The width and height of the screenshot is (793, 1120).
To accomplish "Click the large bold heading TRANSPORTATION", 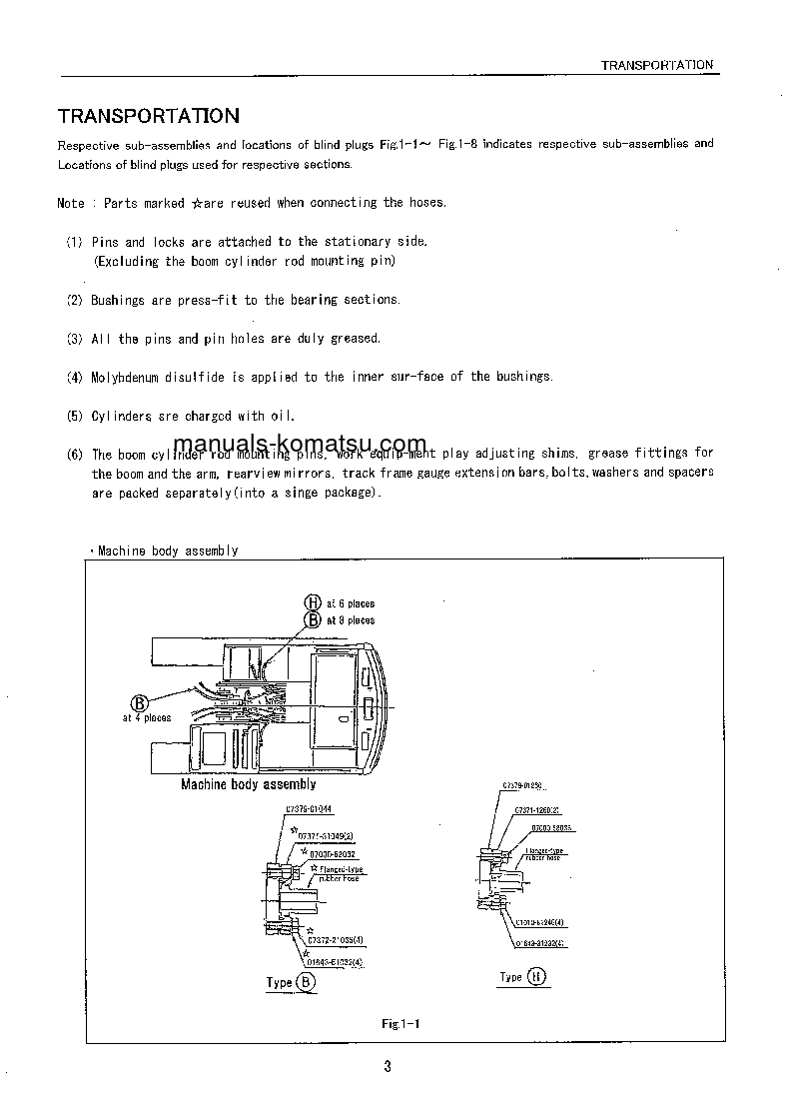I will coord(148,116).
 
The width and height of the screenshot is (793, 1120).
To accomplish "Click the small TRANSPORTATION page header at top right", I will coord(656,65).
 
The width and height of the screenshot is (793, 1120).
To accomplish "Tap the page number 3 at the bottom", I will coord(388,1066).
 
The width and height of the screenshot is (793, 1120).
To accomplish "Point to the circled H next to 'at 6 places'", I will coord(312,602).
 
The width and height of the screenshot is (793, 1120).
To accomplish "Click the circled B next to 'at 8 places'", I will coord(313,619).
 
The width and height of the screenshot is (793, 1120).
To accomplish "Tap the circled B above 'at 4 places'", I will coord(140,702).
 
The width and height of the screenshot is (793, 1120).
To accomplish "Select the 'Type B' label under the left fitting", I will coord(291,982).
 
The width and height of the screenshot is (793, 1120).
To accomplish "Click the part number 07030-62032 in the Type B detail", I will coord(334,855).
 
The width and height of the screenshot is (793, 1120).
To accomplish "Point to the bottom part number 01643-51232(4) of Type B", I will coord(335,961).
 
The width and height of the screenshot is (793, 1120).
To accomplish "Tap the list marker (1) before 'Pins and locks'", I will coord(75,242).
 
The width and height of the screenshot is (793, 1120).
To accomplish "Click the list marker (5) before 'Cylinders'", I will coord(75,416).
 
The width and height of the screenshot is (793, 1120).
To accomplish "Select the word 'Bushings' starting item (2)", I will coord(118,300).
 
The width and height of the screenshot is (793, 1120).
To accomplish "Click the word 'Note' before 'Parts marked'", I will coord(71,203).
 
